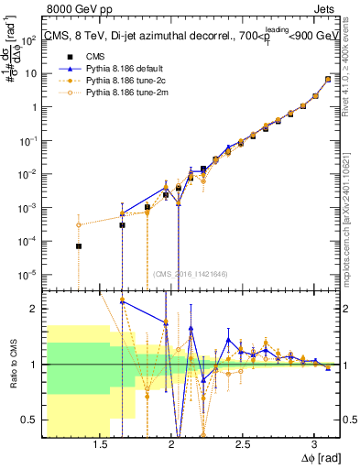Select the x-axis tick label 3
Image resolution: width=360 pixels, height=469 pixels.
314,443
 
